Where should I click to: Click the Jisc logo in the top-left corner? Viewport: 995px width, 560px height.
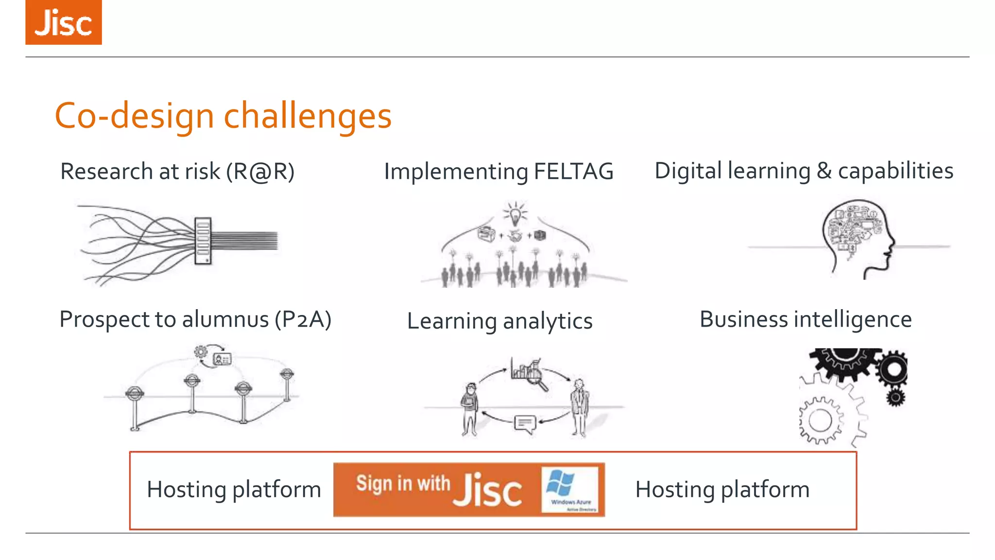tap(64, 22)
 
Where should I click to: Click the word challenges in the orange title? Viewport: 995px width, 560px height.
tap(307, 117)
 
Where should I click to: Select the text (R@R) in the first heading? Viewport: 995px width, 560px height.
tap(260, 172)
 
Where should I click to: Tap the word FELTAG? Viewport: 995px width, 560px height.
tap(573, 172)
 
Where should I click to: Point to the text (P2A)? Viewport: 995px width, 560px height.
tap(303, 320)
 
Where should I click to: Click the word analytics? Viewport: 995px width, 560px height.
tap(548, 322)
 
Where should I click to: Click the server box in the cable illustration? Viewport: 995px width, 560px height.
tap(203, 241)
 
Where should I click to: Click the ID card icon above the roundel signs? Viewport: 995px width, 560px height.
tap(223, 359)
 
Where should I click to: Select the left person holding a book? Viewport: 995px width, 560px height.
tap(469, 408)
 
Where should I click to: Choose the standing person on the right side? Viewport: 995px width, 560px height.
tap(579, 407)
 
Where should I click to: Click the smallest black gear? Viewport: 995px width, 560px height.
tap(895, 398)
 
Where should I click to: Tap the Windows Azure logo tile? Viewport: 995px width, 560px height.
tap(570, 490)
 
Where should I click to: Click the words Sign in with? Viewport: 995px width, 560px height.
tap(403, 484)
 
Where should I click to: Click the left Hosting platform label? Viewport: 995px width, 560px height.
tap(234, 490)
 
